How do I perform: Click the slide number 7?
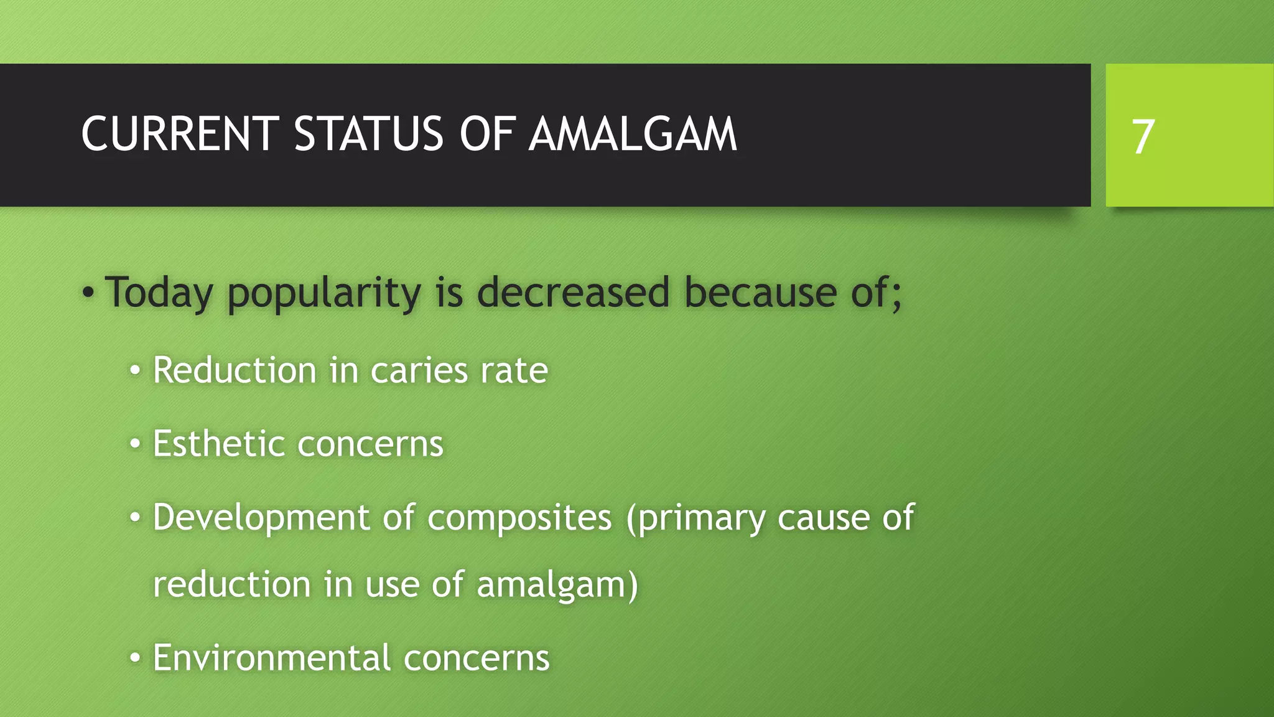pos(1143,137)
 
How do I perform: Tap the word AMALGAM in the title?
pos(633,134)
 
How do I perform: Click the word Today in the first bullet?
pos(159,293)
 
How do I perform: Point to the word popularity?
pos(323,293)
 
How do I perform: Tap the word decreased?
pos(573,293)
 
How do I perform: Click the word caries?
pos(418,372)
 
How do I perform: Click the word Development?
pos(261,518)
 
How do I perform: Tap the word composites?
pos(519,518)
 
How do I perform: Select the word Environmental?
pos(272,658)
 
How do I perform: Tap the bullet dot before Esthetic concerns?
pos(135,444)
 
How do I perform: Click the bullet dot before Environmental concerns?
pos(135,658)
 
